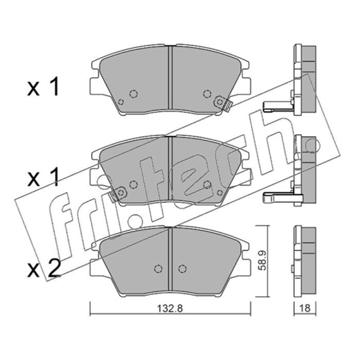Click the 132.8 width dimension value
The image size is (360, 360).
(x=170, y=309)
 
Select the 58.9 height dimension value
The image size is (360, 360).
(x=262, y=261)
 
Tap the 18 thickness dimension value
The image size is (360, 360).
(x=305, y=308)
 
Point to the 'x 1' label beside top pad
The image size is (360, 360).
(x=43, y=86)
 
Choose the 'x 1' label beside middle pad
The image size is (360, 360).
(x=43, y=177)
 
